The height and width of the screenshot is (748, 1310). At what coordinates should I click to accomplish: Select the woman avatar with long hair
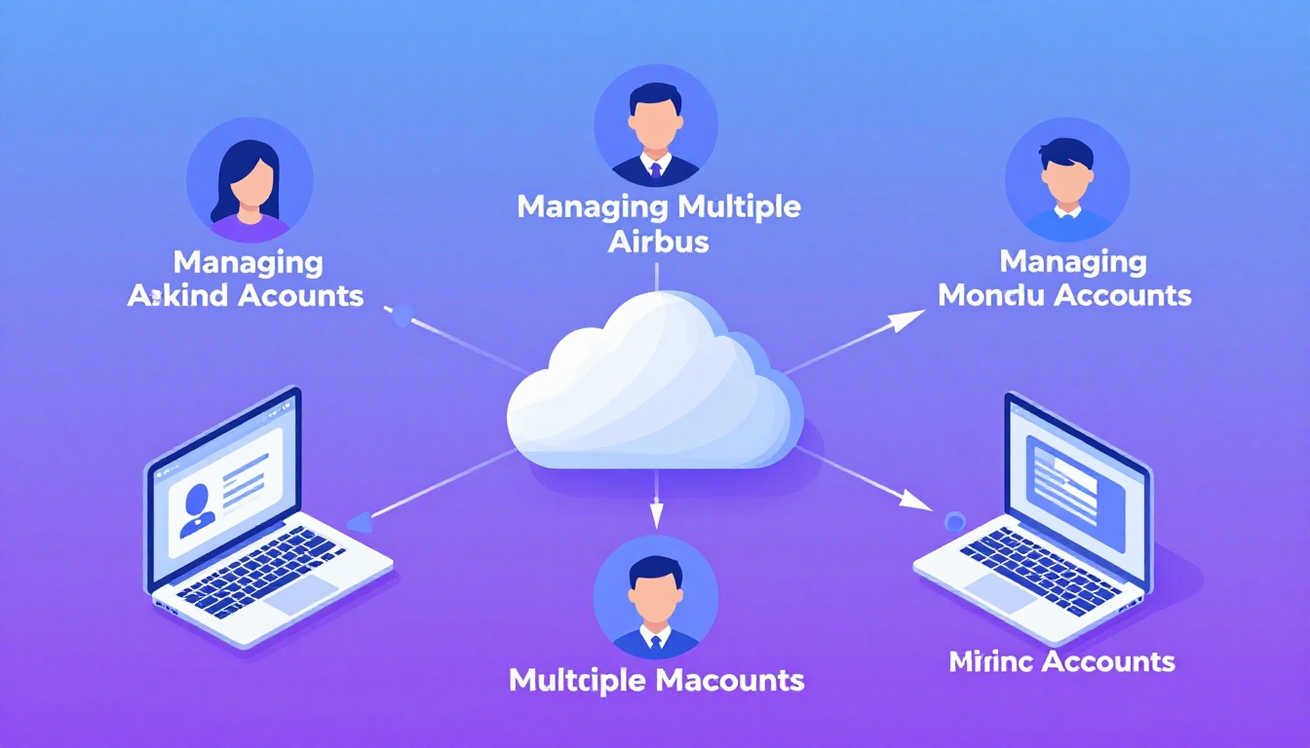250,181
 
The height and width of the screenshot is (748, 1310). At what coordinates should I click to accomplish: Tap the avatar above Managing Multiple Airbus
655,127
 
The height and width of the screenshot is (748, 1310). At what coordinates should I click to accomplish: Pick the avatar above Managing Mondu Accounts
1066,180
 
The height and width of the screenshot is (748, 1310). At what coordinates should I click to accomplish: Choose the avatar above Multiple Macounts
655,598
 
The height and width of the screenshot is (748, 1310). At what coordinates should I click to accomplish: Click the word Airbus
658,241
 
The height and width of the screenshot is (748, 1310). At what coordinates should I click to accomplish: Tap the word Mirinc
989,662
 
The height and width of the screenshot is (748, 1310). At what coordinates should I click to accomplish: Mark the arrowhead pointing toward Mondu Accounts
910,316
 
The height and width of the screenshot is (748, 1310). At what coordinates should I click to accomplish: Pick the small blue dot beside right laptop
954,520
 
